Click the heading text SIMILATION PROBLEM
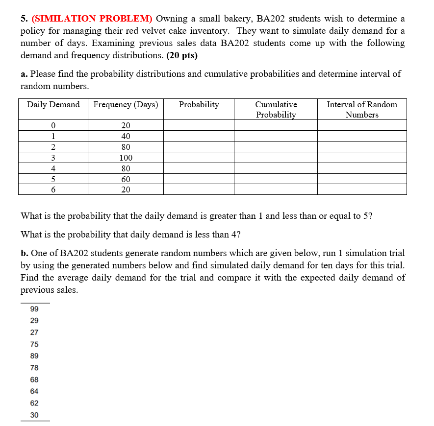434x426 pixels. [x=92, y=19]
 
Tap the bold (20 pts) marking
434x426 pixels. [x=182, y=55]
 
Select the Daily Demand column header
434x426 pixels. [x=53, y=104]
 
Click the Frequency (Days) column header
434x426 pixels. [x=126, y=104]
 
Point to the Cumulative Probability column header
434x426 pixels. [x=276, y=109]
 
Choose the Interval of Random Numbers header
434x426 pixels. [x=362, y=109]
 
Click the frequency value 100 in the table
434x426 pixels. [x=126, y=158]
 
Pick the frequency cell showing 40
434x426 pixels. [x=126, y=136]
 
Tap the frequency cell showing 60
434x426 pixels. [x=126, y=179]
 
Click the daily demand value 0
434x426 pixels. [x=53, y=125]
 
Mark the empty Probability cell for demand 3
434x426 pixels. [x=199, y=158]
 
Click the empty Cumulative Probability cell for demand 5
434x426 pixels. [x=276, y=179]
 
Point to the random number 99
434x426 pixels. [x=34, y=309]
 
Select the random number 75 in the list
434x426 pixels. [x=34, y=344]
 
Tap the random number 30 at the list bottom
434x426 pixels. [x=34, y=415]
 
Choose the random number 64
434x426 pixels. [x=34, y=391]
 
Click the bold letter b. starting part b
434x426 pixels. [x=25, y=253]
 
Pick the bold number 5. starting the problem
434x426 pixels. [x=24, y=19]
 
